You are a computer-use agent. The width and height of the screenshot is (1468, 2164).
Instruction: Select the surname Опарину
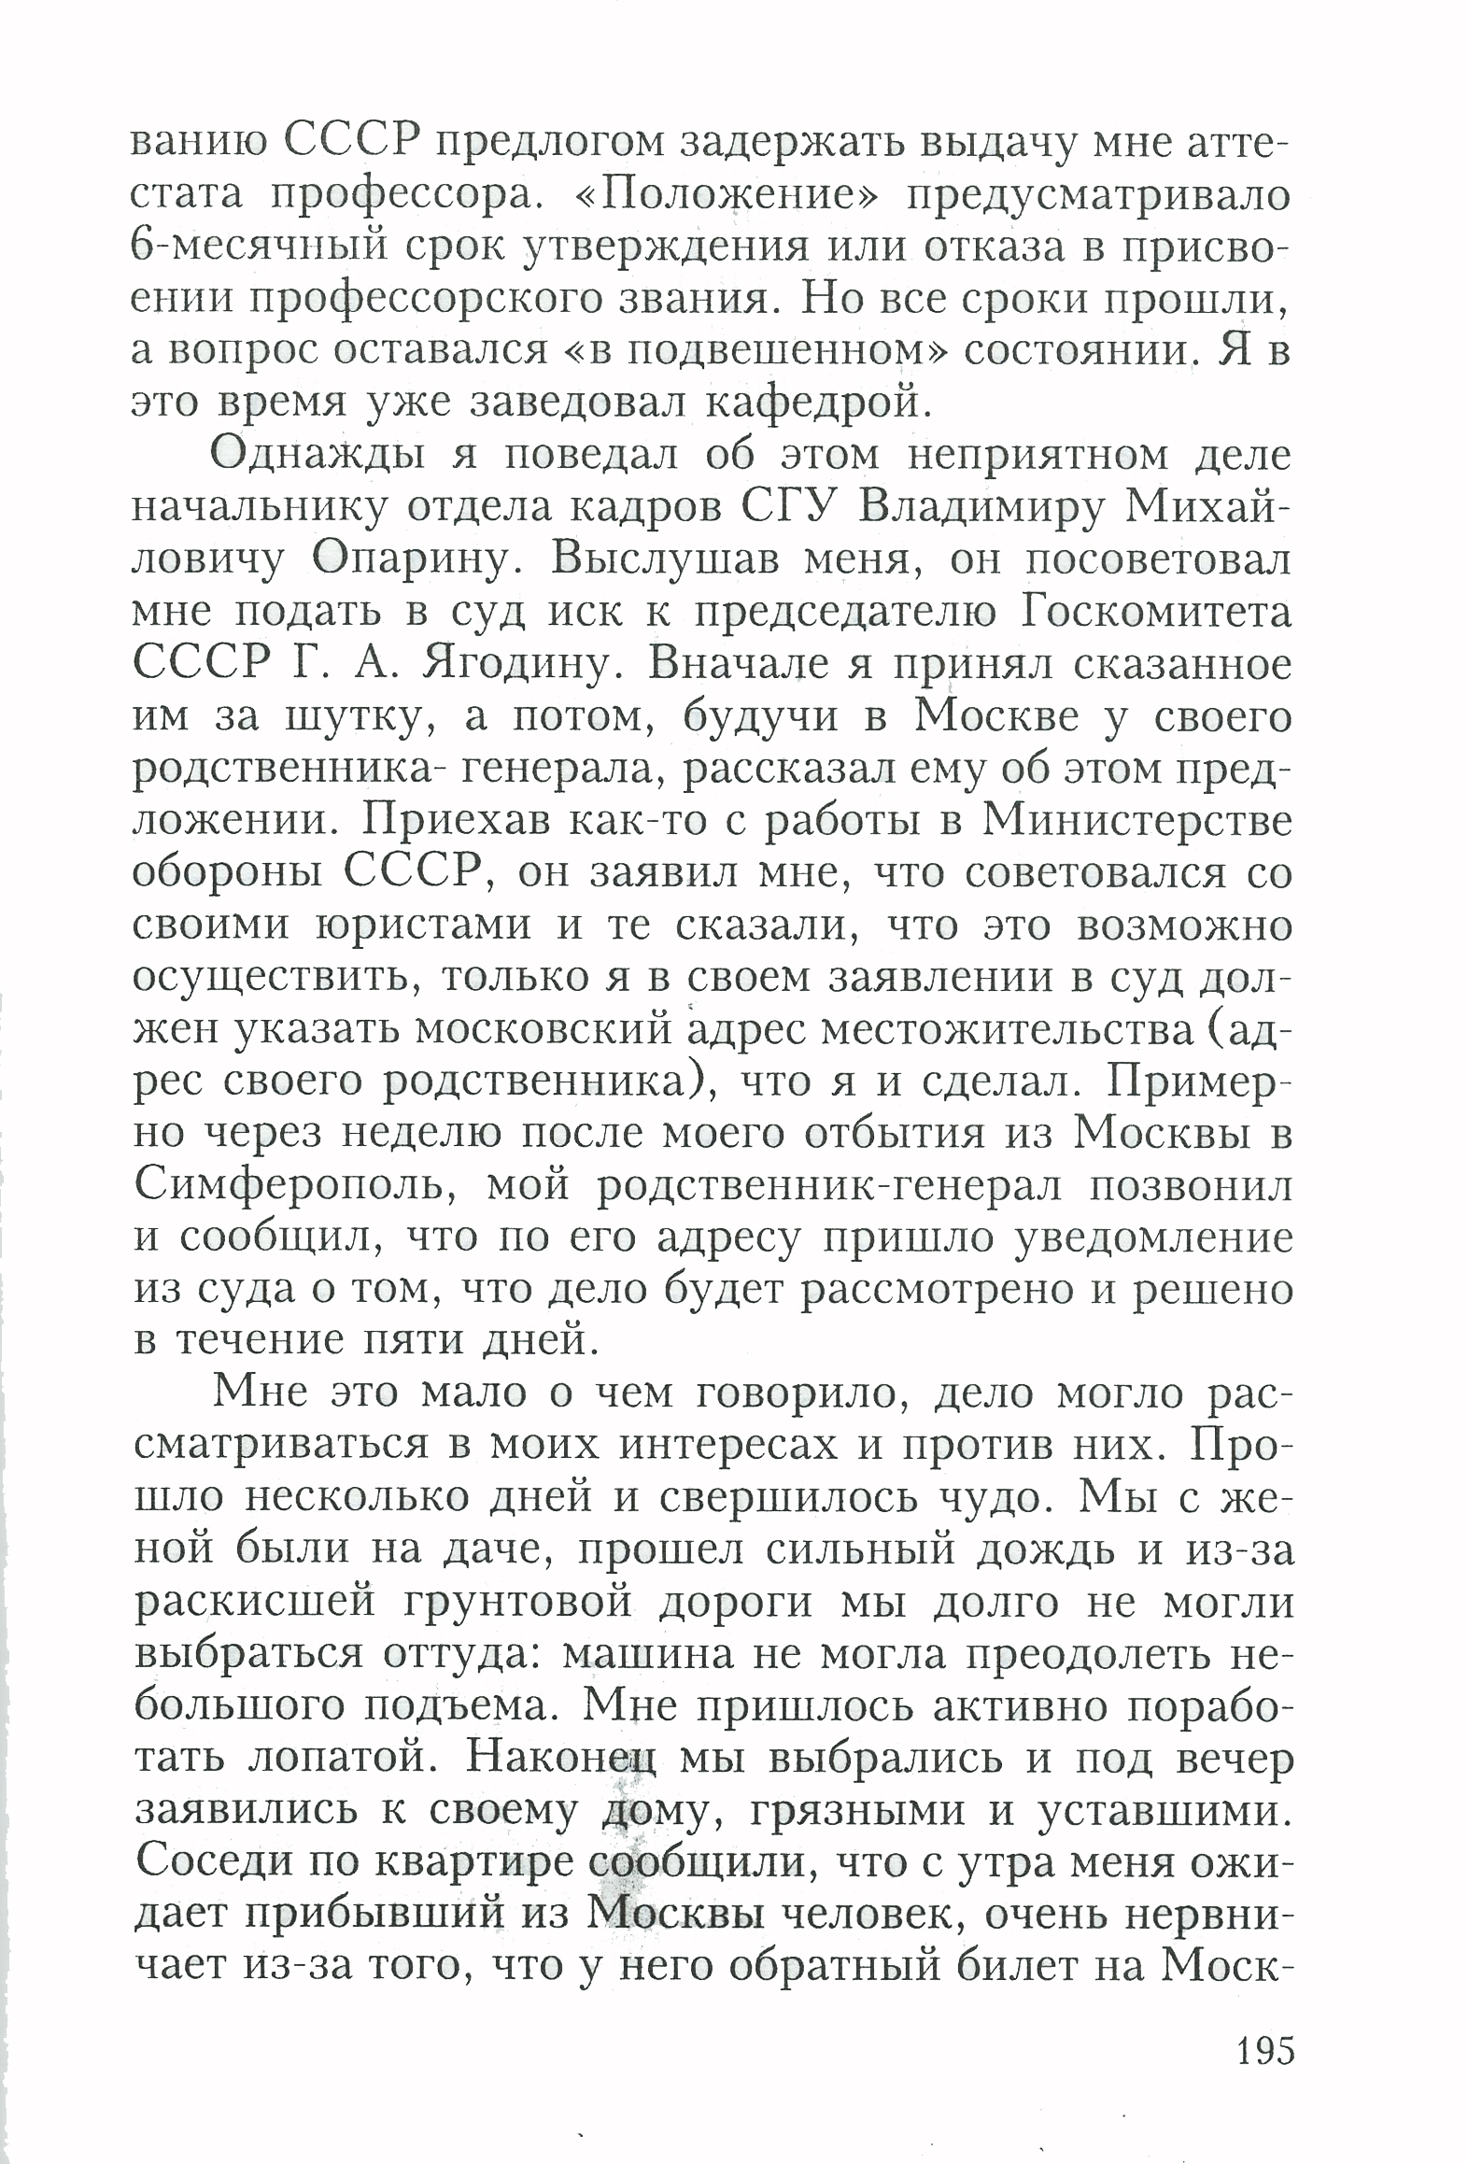[x=416, y=559]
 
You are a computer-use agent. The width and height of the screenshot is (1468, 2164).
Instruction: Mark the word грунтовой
[x=518, y=1604]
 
